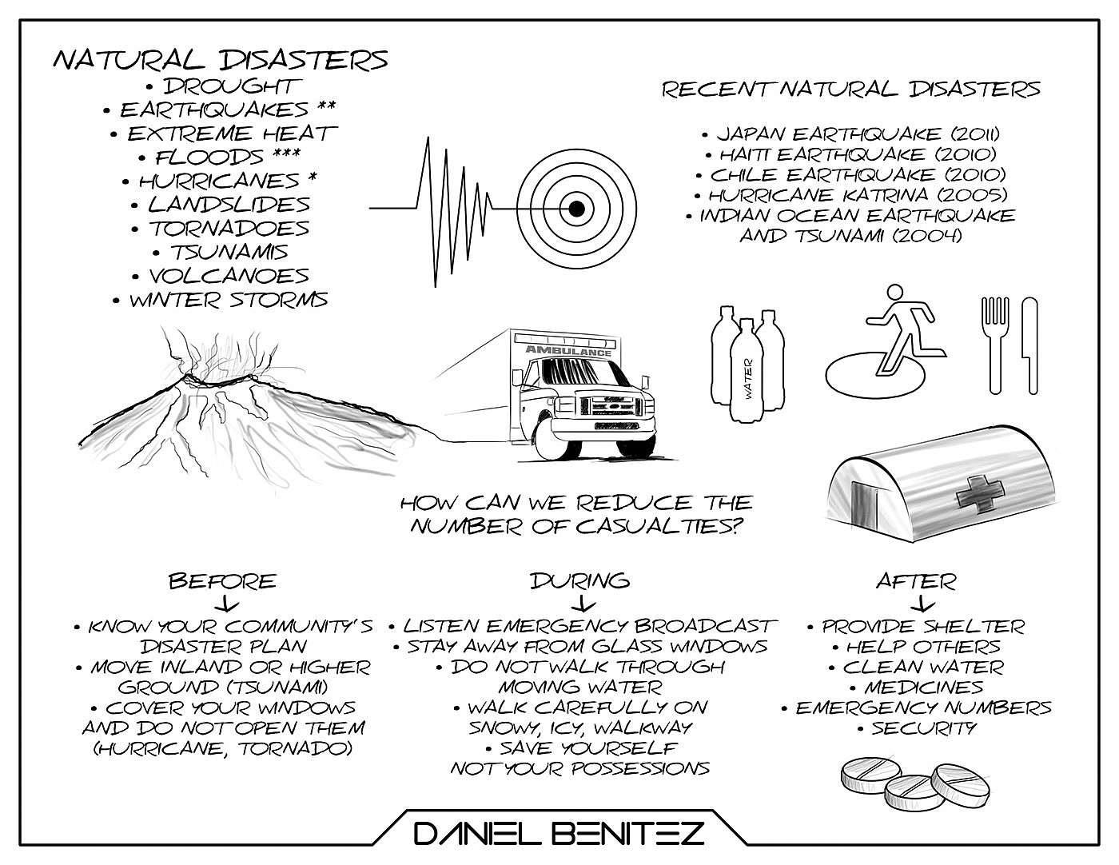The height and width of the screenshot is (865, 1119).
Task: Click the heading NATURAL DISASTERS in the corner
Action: (x=220, y=61)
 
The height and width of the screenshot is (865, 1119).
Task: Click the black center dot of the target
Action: (x=575, y=209)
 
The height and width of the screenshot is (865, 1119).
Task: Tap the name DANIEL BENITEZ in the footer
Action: (x=559, y=835)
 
